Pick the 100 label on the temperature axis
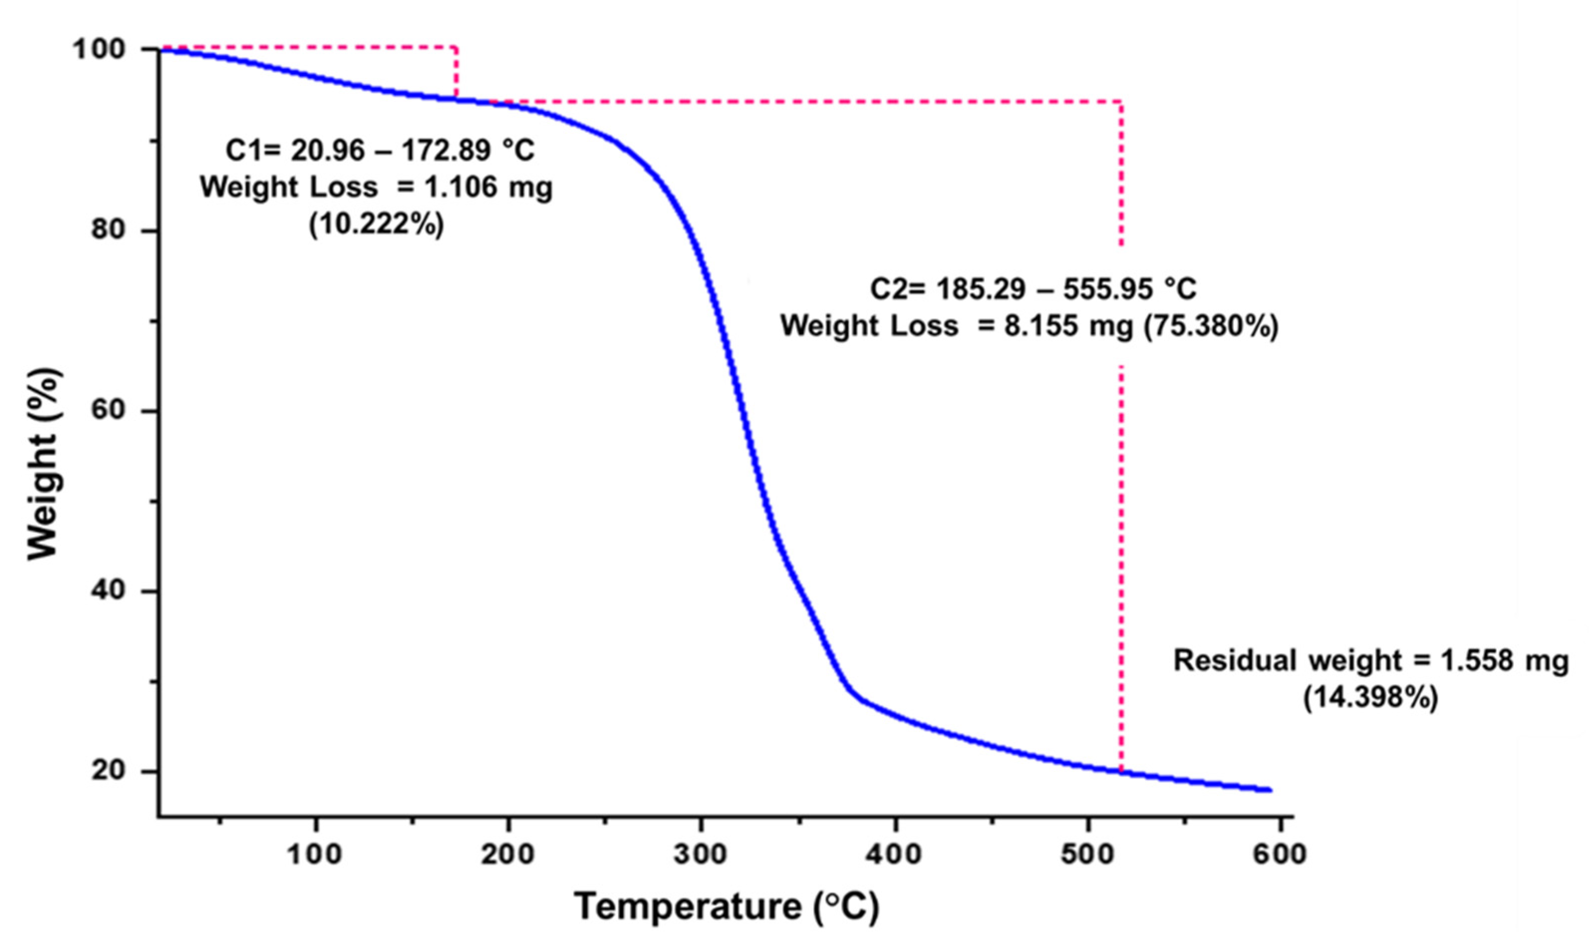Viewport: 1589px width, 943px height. (315, 855)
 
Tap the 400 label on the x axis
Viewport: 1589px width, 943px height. (895, 855)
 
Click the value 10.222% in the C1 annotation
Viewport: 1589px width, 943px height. (376, 225)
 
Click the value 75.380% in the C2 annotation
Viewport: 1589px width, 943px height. (1210, 326)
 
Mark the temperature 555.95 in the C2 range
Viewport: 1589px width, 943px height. (1108, 290)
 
